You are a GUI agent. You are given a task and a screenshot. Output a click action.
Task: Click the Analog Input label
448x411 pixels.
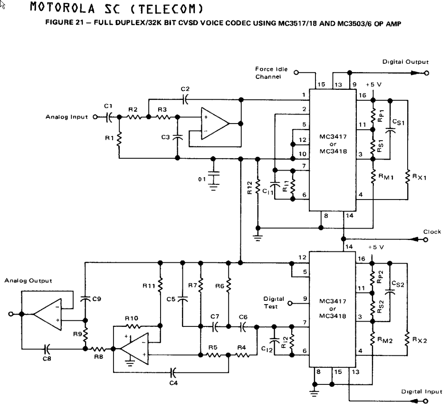[67, 117]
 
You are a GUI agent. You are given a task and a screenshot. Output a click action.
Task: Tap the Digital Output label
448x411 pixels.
[405, 62]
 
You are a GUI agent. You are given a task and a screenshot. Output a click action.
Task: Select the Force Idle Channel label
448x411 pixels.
[271, 73]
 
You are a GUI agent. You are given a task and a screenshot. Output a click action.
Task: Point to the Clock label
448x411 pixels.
[432, 232]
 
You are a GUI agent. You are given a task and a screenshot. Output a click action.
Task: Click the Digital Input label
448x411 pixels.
[421, 392]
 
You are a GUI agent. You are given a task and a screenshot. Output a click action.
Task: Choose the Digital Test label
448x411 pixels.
[274, 302]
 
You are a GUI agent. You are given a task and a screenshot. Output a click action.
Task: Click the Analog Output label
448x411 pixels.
[28, 281]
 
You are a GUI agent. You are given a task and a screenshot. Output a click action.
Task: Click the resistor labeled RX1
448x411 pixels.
[408, 176]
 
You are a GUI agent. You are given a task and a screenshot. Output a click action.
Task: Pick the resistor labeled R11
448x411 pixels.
[161, 287]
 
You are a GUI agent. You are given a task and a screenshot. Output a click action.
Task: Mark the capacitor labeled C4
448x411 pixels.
[173, 371]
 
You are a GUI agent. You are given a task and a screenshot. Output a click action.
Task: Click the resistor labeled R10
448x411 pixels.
[132, 327]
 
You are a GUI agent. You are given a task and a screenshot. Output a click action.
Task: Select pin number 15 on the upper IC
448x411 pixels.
[322, 84]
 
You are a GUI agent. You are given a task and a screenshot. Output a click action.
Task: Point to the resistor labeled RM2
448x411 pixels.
[373, 338]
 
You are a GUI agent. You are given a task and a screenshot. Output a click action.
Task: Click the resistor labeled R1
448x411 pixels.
[120, 139]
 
